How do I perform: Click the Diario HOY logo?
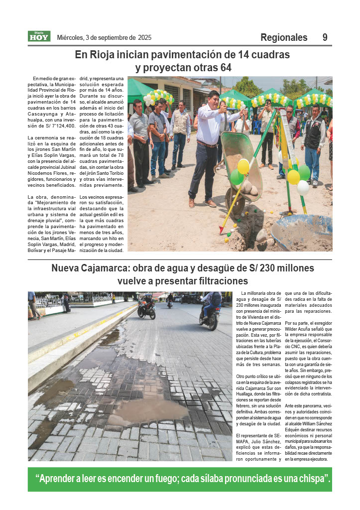[39, 36]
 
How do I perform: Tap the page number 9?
[325, 37]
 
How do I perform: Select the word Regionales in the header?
[284, 38]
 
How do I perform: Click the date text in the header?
[104, 37]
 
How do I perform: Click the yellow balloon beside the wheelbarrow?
[243, 166]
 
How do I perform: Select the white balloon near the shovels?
[303, 187]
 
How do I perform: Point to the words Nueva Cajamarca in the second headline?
[89, 268]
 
